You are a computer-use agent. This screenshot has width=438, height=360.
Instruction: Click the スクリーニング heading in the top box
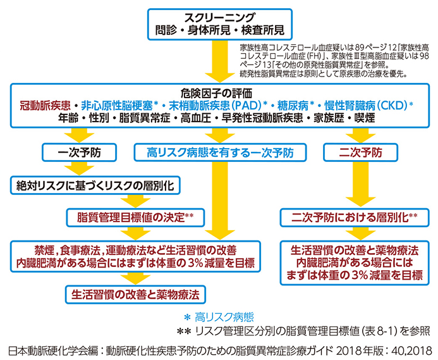pyautogui.click(x=219, y=18)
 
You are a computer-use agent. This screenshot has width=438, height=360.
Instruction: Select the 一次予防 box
pyautogui.click(x=80, y=152)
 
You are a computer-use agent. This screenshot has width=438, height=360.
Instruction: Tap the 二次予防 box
pyautogui.click(x=360, y=152)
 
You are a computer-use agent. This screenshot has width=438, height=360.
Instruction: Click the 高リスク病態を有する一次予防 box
pyautogui.click(x=220, y=152)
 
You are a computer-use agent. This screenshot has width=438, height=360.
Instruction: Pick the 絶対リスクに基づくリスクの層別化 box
pyautogui.click(x=95, y=185)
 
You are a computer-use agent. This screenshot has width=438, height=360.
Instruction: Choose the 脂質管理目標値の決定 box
pyautogui.click(x=135, y=218)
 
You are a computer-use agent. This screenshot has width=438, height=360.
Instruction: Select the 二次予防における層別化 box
pyautogui.click(x=355, y=218)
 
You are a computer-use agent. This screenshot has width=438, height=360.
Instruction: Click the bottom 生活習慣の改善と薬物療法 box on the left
pyautogui.click(x=135, y=295)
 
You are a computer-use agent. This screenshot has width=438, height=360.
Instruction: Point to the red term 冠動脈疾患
pyautogui.click(x=45, y=106)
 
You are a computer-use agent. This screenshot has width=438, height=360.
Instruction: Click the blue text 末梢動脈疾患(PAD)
pyautogui.click(x=215, y=106)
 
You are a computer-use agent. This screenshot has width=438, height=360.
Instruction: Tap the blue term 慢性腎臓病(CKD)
pyautogui.click(x=366, y=106)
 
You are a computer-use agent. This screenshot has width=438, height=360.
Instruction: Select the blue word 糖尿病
pyautogui.click(x=293, y=106)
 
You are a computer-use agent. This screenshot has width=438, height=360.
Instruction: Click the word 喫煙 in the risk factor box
pyautogui.click(x=365, y=118)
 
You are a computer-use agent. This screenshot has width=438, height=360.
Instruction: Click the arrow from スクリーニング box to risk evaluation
pyautogui.click(x=220, y=61)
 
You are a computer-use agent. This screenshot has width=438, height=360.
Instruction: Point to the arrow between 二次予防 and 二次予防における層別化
pyautogui.click(x=360, y=184)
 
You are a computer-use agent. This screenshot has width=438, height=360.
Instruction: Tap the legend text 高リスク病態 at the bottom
pyautogui.click(x=224, y=317)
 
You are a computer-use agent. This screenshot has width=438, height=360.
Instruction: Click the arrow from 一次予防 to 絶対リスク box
pyautogui.click(x=80, y=168)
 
